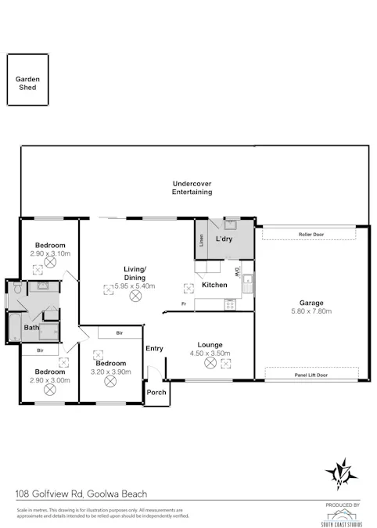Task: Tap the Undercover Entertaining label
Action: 192,188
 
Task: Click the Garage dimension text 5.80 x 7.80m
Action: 311,311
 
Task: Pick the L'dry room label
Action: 226,238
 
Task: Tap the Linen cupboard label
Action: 201,242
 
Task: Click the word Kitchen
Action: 214,285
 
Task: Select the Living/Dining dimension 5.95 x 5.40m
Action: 135,286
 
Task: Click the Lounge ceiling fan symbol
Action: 210,363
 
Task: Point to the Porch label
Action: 156,391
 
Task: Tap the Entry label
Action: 154,349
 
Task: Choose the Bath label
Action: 31,328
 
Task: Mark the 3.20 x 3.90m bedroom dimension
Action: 110,372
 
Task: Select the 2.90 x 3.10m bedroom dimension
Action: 50,254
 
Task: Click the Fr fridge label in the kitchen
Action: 183,303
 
